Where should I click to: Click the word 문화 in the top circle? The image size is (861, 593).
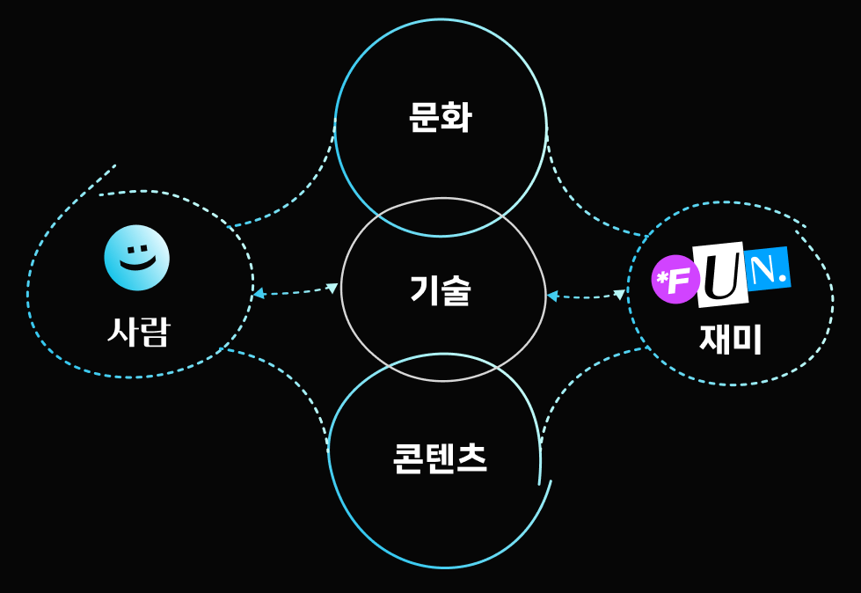click(440, 117)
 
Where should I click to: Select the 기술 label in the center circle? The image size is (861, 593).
click(440, 289)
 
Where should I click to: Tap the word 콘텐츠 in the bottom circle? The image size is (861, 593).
click(439, 458)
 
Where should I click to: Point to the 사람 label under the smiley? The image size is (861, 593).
click(138, 332)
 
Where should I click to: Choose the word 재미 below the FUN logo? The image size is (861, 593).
click(730, 340)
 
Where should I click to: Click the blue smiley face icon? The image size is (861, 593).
click(136, 258)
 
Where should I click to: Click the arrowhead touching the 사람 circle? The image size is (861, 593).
click(259, 293)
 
